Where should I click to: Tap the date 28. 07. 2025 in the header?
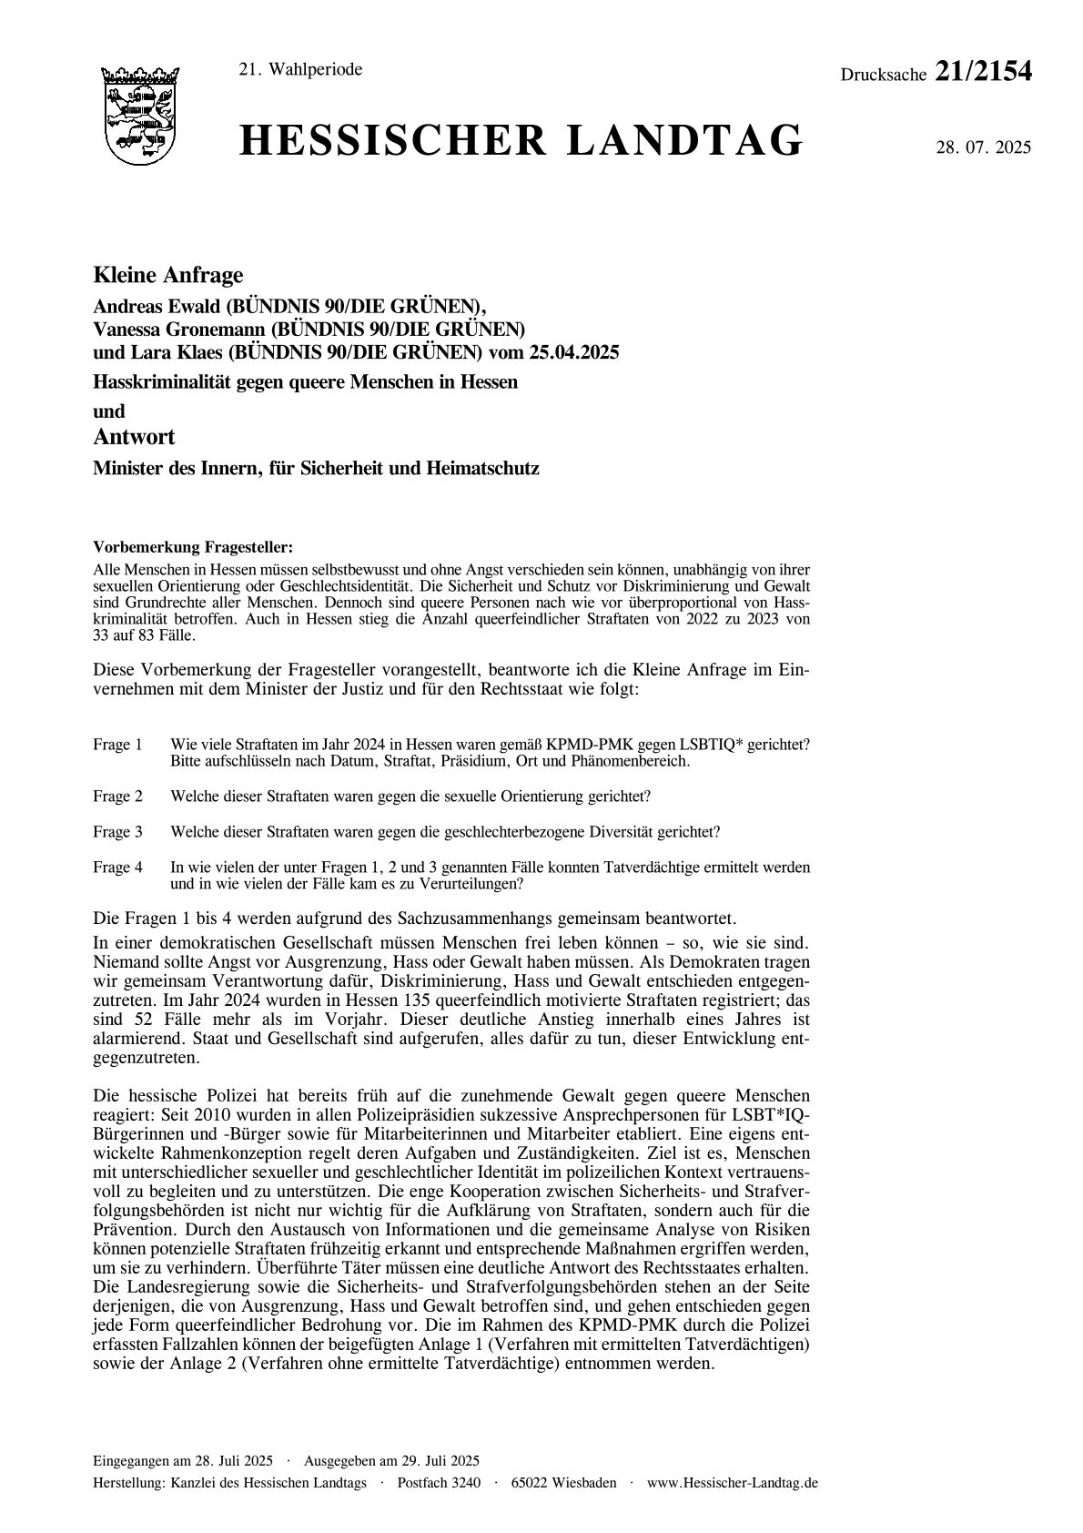pos(983,147)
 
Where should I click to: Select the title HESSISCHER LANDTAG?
pos(521,142)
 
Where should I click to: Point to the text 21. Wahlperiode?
pos(299,70)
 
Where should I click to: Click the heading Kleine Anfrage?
pos(168,275)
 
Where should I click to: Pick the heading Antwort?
pos(134,437)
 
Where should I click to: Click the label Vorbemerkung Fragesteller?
pos(193,547)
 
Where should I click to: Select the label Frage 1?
pos(117,745)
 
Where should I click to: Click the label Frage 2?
pos(117,797)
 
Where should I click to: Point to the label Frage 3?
pos(117,832)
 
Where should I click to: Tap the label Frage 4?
pos(117,868)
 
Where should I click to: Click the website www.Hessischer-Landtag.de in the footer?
pos(733,1483)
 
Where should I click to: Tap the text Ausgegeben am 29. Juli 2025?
pos(392,1460)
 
